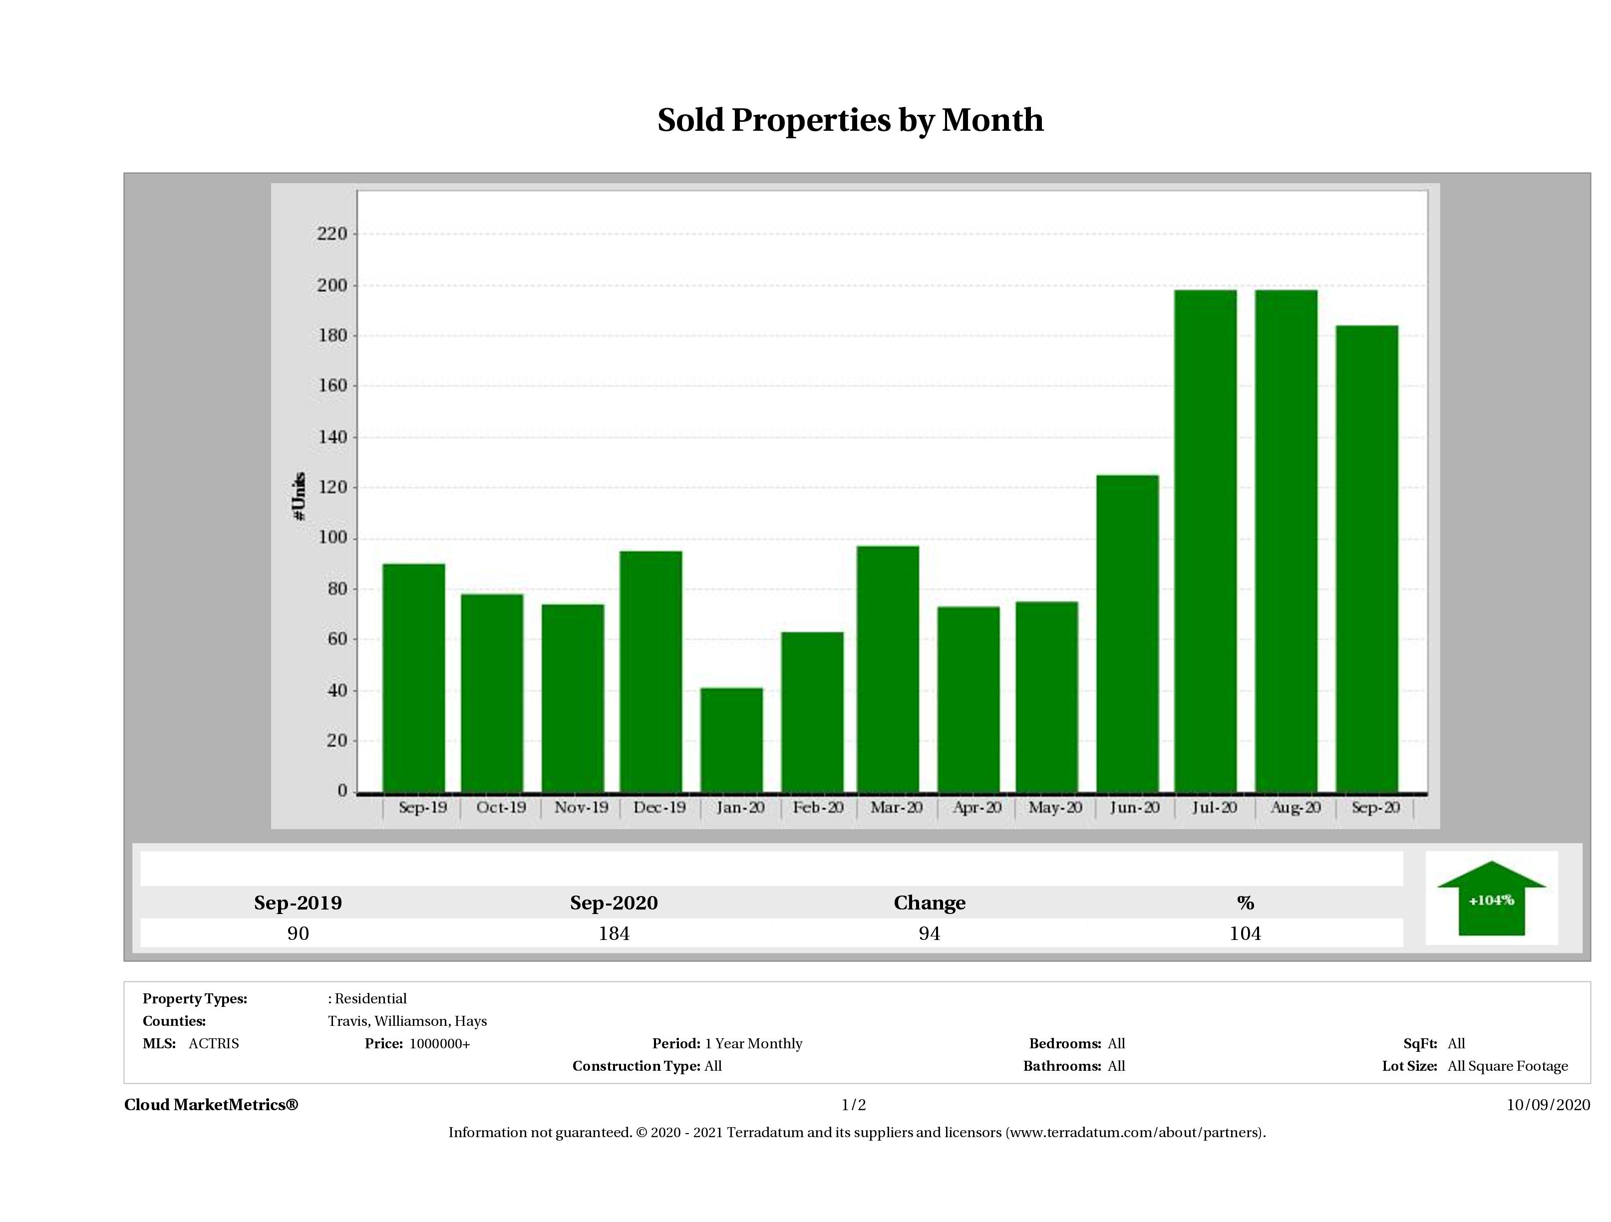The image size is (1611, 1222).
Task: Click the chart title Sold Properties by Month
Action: click(850, 120)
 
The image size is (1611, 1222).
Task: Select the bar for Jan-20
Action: click(731, 739)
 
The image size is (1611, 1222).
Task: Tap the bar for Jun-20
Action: click(1127, 633)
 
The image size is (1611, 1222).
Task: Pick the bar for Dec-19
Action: click(651, 671)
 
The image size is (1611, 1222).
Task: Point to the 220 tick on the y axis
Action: click(332, 234)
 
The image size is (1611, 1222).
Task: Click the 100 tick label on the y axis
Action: click(332, 538)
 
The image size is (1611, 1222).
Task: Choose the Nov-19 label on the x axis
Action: click(581, 808)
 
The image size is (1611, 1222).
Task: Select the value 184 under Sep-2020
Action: click(614, 933)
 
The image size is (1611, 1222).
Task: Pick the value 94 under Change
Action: click(930, 933)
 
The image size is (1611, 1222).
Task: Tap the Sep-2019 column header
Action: click(298, 903)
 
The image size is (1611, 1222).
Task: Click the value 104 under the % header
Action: click(1245, 933)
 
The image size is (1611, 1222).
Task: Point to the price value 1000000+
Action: click(439, 1044)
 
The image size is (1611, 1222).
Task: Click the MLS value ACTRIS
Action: click(213, 1044)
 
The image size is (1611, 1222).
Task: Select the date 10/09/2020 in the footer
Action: click(1548, 1105)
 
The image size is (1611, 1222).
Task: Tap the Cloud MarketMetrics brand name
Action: click(211, 1105)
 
